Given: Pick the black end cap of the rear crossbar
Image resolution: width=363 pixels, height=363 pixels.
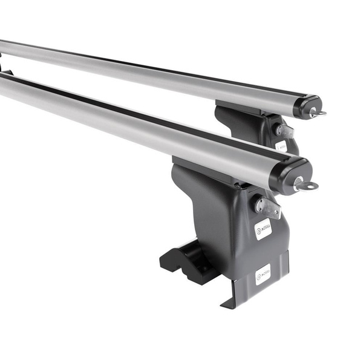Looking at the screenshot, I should (x=307, y=105).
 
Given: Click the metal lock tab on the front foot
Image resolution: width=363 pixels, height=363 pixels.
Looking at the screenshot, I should (x=268, y=207).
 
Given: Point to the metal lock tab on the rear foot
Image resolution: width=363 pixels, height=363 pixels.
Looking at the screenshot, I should (x=284, y=131).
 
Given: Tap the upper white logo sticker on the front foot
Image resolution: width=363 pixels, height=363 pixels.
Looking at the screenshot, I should (x=263, y=229).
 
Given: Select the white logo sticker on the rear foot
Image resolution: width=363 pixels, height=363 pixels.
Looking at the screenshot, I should (x=281, y=145).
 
